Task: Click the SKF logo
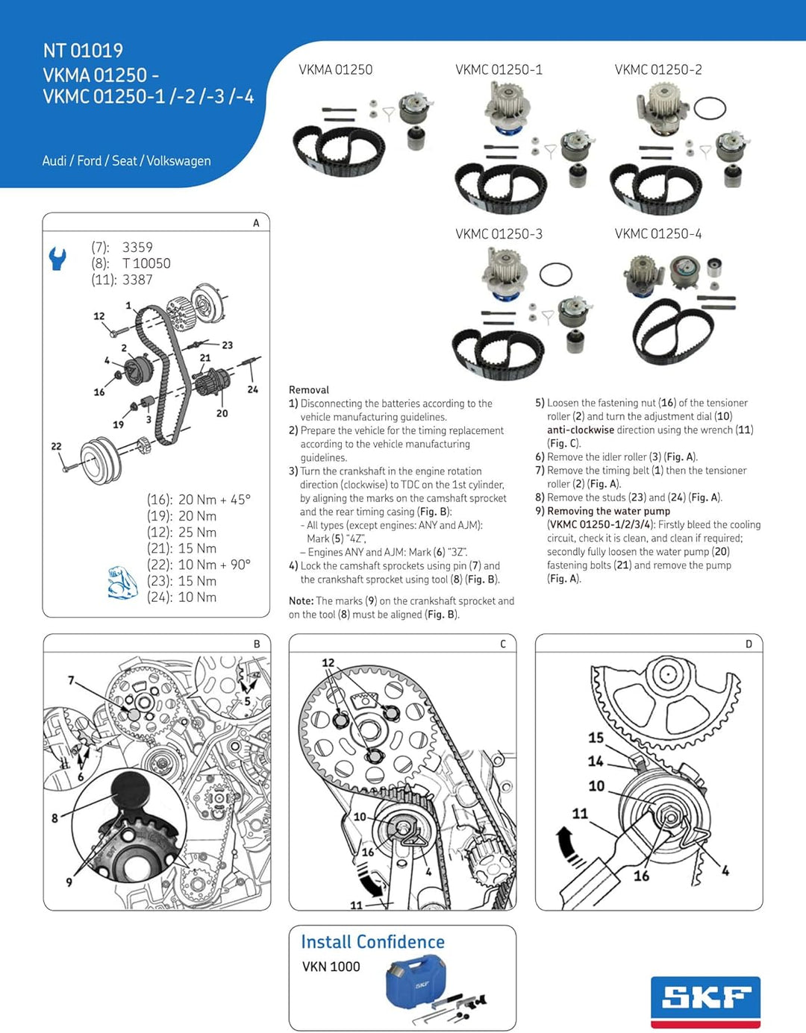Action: pyautogui.click(x=705, y=999)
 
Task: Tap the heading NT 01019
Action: pyautogui.click(x=83, y=51)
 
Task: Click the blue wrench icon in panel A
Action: pyautogui.click(x=57, y=258)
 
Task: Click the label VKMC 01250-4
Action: pyautogui.click(x=657, y=234)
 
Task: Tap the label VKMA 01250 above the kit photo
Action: pyautogui.click(x=335, y=70)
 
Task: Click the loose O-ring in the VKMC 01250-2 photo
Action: pyautogui.click(x=709, y=109)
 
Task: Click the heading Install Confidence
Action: pyautogui.click(x=372, y=942)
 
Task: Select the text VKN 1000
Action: pyautogui.click(x=331, y=967)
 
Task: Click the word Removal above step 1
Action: pyautogui.click(x=309, y=390)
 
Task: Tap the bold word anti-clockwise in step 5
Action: pyautogui.click(x=580, y=430)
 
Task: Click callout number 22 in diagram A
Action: pyautogui.click(x=56, y=446)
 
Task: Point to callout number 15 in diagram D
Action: pyautogui.click(x=596, y=738)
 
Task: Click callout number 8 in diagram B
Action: pyautogui.click(x=54, y=818)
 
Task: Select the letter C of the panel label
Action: pyautogui.click(x=503, y=644)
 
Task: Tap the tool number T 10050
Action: pyautogui.click(x=146, y=263)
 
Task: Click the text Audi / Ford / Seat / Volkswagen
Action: pyautogui.click(x=126, y=161)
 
